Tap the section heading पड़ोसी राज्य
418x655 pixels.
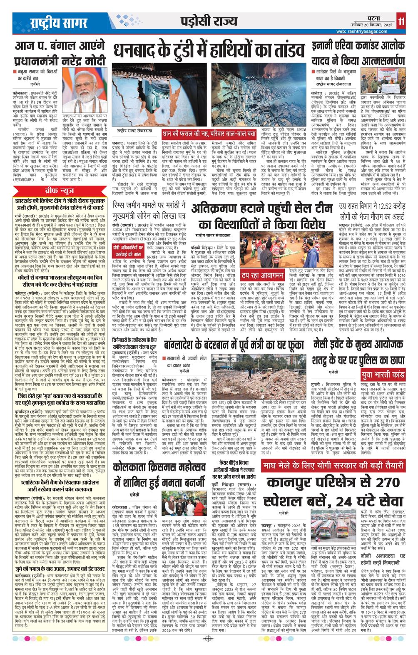pos(209,21)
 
